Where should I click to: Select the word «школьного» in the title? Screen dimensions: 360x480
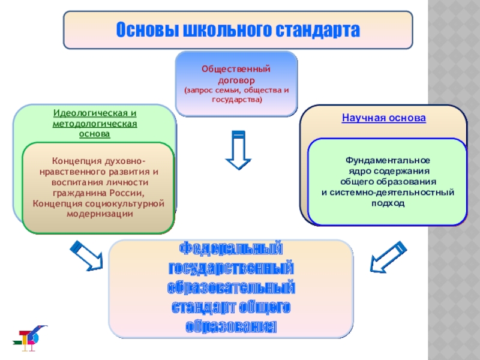pyautogui.click(x=226, y=29)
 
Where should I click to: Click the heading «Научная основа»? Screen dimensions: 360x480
pyautogui.click(x=384, y=118)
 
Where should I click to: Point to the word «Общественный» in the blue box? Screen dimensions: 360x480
pyautogui.click(x=236, y=70)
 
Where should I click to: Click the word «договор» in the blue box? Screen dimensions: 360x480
pyautogui.click(x=236, y=79)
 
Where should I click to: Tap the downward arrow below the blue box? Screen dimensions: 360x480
pyautogui.click(x=238, y=151)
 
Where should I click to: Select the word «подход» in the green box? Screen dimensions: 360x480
pyautogui.click(x=388, y=203)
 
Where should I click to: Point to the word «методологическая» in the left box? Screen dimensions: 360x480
pyautogui.click(x=95, y=123)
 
